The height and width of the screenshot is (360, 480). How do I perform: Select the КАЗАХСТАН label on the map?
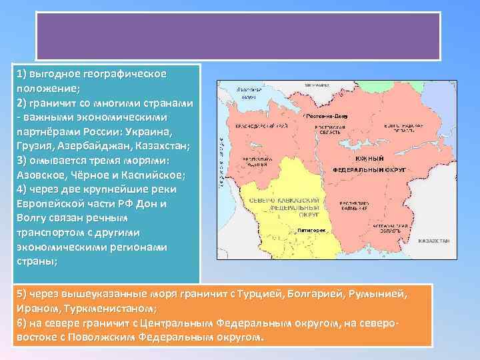pos(433,240)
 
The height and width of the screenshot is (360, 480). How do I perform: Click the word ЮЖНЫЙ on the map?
pos(369,159)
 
